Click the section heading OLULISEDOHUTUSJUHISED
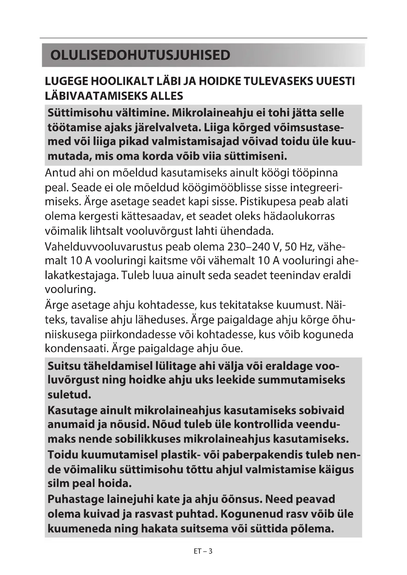140,55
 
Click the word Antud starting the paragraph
60,173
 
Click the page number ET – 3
203,551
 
